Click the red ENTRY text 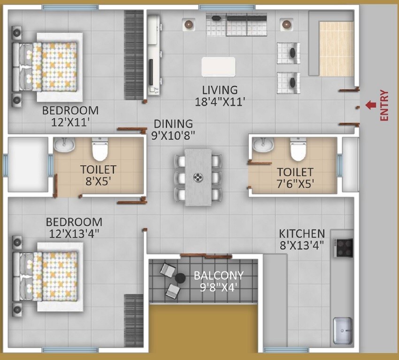[384, 106]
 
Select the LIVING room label [220, 90]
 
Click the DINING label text [174, 124]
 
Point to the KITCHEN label [302, 233]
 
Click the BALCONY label [219, 276]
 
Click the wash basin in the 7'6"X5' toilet [262, 146]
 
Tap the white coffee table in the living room [218, 67]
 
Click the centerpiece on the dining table [199, 177]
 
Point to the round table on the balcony [181, 279]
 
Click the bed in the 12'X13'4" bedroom [49, 277]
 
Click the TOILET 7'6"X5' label [295, 177]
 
